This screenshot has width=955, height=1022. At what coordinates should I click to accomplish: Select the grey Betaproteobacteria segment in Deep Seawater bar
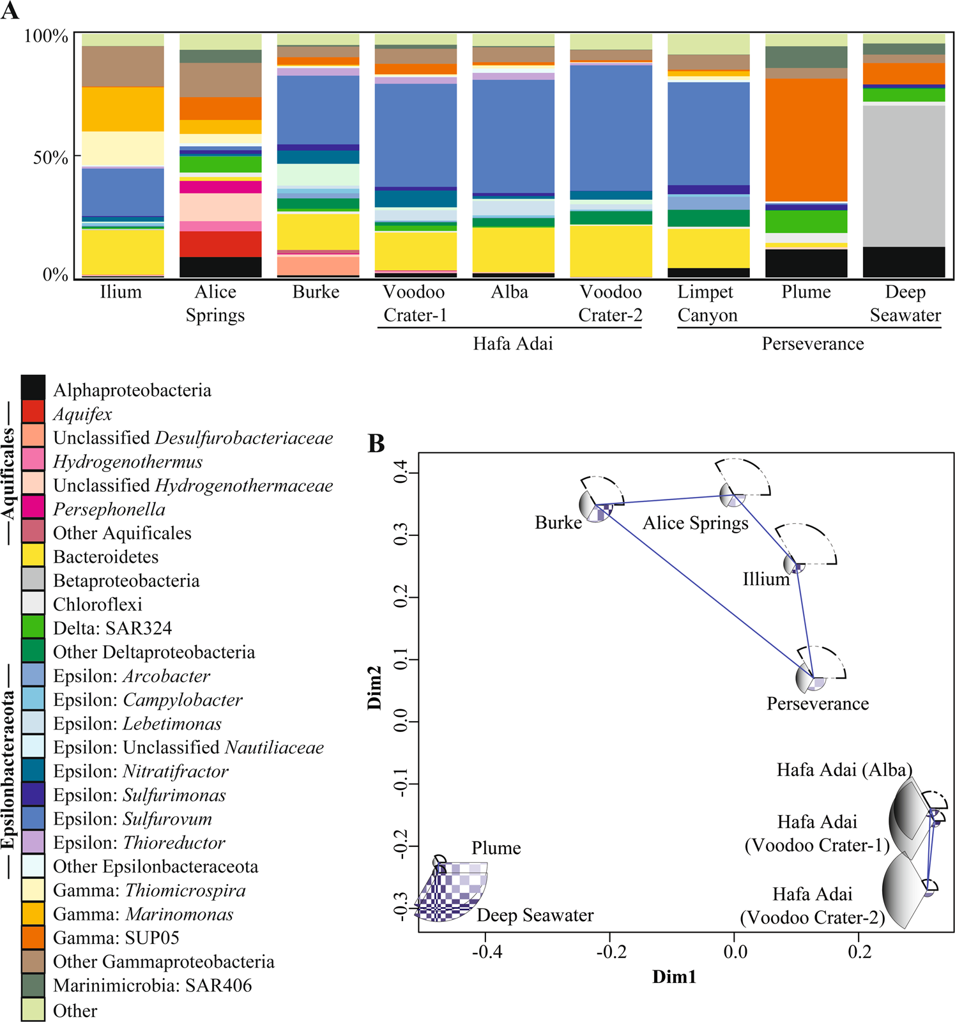pyautogui.click(x=904, y=176)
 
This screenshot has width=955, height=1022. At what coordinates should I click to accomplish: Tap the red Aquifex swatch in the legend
pyautogui.click(x=33, y=411)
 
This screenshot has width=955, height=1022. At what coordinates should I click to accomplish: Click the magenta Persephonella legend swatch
pyautogui.click(x=33, y=507)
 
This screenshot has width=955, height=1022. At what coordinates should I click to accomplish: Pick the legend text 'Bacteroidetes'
pyautogui.click(x=106, y=557)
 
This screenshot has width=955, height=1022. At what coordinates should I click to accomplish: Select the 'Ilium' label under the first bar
pyautogui.click(x=121, y=293)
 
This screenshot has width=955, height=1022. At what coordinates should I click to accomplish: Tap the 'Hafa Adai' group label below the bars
pyautogui.click(x=513, y=344)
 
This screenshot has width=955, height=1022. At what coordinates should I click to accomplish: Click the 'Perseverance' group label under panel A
pyautogui.click(x=813, y=344)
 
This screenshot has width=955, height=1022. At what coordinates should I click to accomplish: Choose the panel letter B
pyautogui.click(x=376, y=443)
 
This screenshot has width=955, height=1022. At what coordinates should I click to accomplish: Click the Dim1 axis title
pyautogui.click(x=674, y=977)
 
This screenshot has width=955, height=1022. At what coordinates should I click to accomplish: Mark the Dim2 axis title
pyautogui.click(x=374, y=687)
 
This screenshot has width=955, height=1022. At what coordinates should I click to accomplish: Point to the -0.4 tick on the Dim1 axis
pyautogui.click(x=487, y=952)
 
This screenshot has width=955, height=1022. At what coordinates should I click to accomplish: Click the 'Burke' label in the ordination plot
pyautogui.click(x=558, y=523)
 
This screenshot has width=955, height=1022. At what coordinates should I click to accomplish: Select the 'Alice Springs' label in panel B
pyautogui.click(x=695, y=523)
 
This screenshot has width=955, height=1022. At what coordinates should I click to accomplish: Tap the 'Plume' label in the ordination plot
pyautogui.click(x=496, y=848)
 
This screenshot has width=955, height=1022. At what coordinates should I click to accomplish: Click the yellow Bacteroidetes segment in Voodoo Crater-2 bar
pyautogui.click(x=611, y=250)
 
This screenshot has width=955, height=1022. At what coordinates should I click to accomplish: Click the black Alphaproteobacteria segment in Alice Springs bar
pyautogui.click(x=220, y=267)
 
